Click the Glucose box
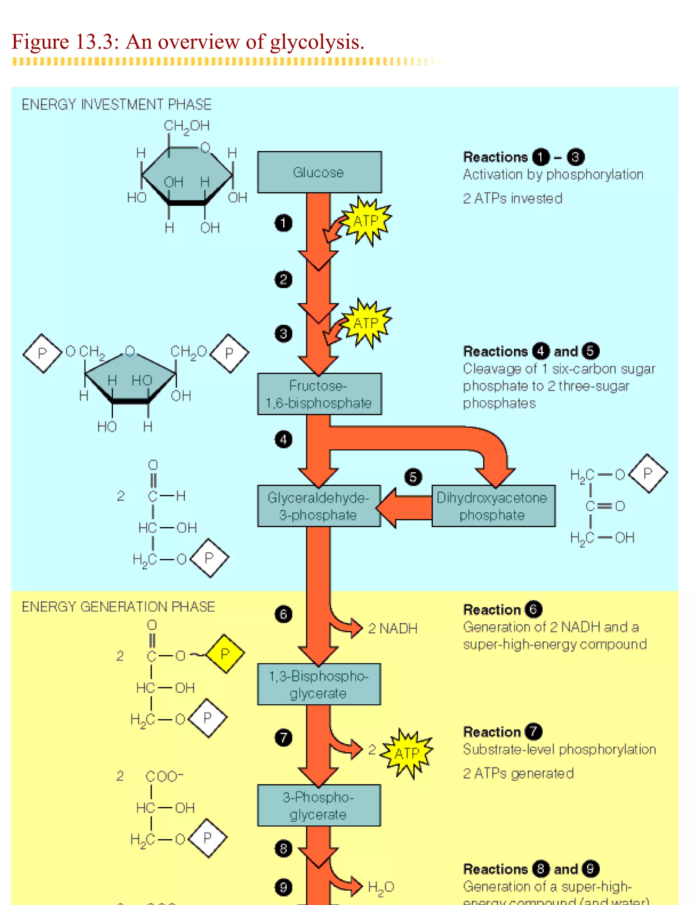coord(319,172)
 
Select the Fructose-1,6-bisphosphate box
coord(319,394)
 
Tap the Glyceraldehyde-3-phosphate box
coord(318,506)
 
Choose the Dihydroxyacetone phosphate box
coord(493,506)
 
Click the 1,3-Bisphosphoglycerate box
coord(318,684)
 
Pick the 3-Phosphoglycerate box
coord(318,806)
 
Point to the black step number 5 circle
coord(413,477)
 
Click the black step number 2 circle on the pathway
coord(283,279)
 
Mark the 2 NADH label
coord(393,629)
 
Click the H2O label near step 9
coord(381,887)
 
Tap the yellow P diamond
coord(225,654)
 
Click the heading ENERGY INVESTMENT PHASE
coord(116,105)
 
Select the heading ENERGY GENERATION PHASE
coord(118,607)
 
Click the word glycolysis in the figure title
coord(317,42)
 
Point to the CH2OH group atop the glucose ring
coord(186,126)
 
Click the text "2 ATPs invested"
coord(512,198)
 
